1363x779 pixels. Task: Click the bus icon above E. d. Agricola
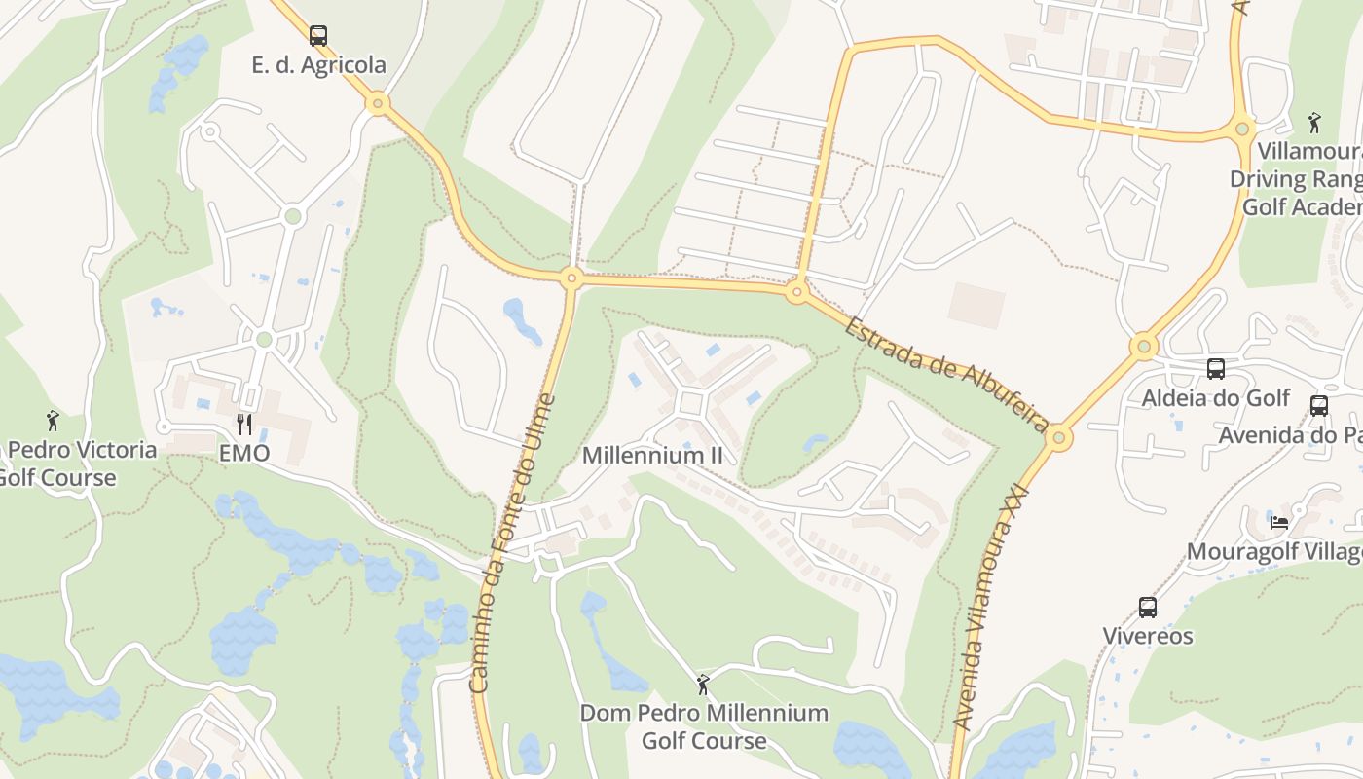(318, 36)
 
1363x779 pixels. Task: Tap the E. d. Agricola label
(318, 65)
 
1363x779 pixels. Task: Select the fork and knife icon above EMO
(244, 424)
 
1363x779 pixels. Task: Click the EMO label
(244, 453)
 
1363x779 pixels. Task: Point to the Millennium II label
(652, 455)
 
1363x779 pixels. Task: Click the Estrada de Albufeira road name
(945, 374)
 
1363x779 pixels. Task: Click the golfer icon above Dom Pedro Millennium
(703, 685)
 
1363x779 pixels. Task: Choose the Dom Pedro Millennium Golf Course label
(704, 726)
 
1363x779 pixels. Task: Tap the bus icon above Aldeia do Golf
(1216, 369)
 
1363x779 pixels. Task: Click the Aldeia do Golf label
(1215, 398)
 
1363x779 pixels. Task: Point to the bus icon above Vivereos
(1148, 608)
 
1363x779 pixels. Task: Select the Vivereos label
(1148, 636)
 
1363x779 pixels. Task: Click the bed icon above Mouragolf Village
(1279, 523)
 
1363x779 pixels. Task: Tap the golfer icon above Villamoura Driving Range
(1314, 123)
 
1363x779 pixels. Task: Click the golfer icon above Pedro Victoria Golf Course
(53, 421)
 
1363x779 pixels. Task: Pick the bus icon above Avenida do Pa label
(1319, 406)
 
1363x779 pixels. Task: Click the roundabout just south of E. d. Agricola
(378, 102)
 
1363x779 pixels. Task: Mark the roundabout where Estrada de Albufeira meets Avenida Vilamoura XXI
(1059, 438)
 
